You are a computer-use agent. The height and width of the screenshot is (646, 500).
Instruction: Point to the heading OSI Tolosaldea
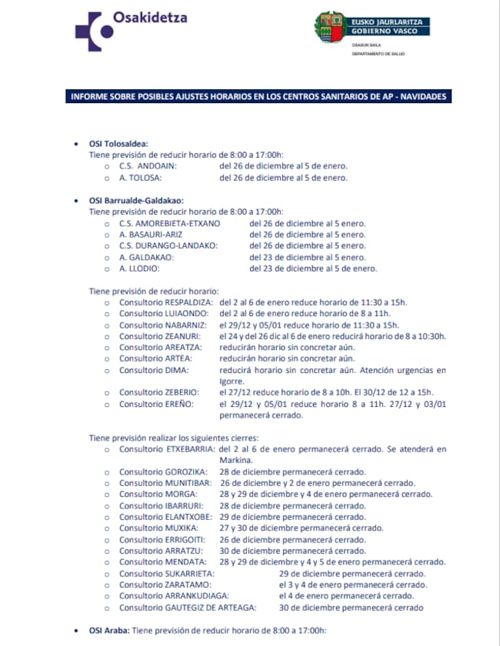[x=118, y=143]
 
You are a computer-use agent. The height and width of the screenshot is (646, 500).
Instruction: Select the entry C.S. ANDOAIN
[x=148, y=165]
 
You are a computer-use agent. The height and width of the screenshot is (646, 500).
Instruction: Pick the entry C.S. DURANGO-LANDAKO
[x=168, y=245]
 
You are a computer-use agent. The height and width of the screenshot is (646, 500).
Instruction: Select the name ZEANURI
[x=183, y=336]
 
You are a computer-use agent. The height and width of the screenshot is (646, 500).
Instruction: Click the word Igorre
[x=232, y=381]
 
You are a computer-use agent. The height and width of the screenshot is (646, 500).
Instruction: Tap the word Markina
[x=231, y=459]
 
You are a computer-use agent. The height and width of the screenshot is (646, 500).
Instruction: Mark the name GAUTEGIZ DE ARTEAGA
[x=211, y=607]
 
